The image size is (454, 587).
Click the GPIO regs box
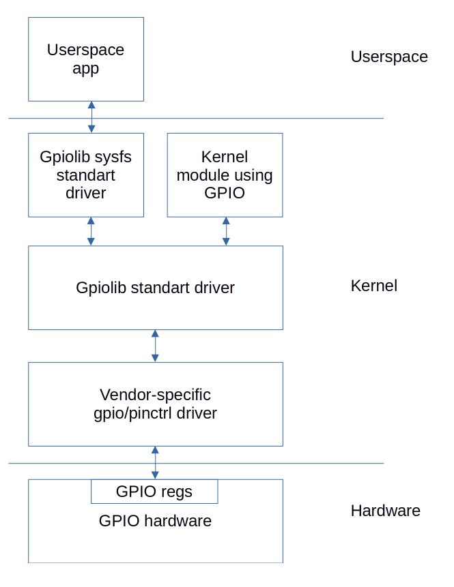tap(154, 492)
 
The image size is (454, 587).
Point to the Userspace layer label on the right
tap(389, 57)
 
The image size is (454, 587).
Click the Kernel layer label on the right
tap(373, 286)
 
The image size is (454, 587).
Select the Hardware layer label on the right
tap(385, 511)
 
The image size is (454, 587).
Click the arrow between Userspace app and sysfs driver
tap(91, 117)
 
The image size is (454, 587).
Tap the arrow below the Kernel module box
tap(226, 231)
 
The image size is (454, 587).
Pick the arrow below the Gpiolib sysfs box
tap(91, 231)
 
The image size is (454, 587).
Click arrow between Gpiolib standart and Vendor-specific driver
tap(155, 346)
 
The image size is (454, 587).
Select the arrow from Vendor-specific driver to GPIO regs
tap(155, 462)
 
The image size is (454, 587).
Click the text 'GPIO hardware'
tap(155, 522)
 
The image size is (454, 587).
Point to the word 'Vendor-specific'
tap(155, 395)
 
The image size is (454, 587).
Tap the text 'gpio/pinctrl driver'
tap(155, 413)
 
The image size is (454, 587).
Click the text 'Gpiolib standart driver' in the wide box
tap(155, 288)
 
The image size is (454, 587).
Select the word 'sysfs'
tap(113, 157)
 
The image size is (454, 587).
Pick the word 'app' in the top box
tap(85, 69)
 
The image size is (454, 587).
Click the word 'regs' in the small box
tap(177, 492)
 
